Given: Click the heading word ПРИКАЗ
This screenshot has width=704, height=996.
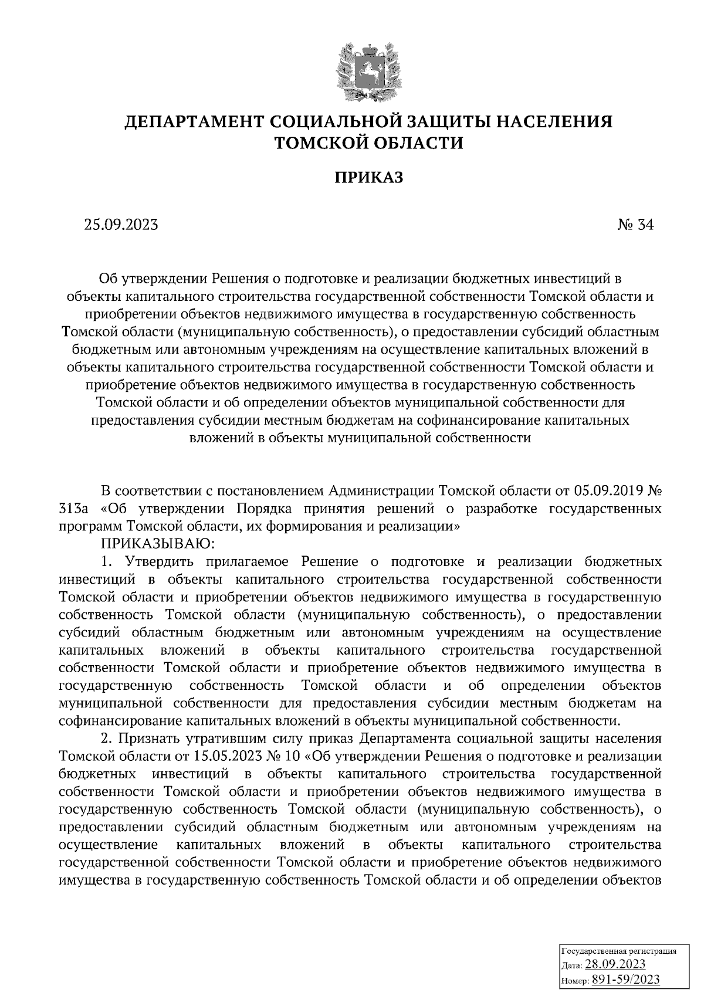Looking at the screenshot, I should [369, 177].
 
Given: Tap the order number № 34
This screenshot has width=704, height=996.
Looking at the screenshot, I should [635, 225].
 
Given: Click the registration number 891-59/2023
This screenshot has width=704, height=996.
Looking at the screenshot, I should [625, 980].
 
